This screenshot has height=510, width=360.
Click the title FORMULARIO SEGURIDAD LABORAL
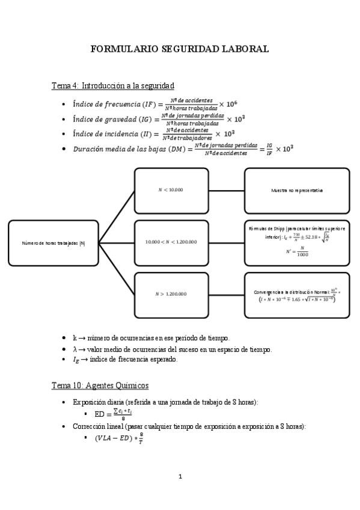[180, 49]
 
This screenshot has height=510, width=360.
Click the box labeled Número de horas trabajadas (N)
[53, 242]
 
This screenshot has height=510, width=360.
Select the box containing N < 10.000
[171, 190]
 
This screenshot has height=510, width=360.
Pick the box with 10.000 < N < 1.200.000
[171, 242]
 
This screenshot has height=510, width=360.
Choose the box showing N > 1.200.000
[171, 294]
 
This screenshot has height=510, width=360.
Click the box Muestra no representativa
[296, 190]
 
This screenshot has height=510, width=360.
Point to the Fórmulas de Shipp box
[296, 242]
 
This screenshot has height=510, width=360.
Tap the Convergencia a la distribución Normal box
[296, 295]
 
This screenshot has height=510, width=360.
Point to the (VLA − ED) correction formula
[119, 438]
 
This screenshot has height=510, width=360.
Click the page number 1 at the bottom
[180, 477]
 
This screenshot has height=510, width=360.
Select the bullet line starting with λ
[172, 349]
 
